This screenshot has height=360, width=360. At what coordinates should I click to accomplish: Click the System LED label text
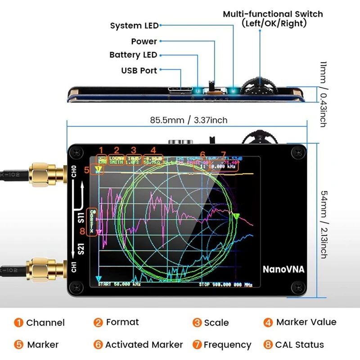(134, 26)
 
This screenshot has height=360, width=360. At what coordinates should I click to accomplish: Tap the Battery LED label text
(133, 55)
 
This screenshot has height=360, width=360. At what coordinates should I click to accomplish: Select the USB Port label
(139, 71)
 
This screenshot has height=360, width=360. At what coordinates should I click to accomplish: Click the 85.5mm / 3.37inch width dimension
(189, 120)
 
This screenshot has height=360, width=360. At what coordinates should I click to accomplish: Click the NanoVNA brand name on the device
(283, 270)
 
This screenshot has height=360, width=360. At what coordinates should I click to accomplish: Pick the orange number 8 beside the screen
(81, 231)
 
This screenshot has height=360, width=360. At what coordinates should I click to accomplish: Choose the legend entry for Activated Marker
(139, 345)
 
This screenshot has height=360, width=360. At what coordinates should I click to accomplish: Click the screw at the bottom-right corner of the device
(297, 286)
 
